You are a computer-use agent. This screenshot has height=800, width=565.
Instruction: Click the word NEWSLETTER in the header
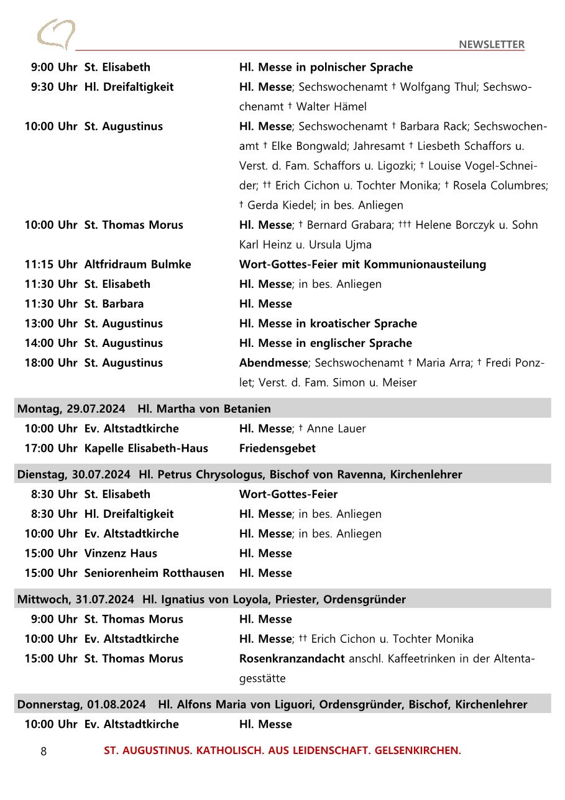[x=492, y=44]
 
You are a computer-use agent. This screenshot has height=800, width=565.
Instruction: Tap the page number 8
[x=44, y=751]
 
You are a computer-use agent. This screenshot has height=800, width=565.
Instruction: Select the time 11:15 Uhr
[x=50, y=264]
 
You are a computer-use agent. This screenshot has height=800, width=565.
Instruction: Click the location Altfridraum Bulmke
[x=137, y=264]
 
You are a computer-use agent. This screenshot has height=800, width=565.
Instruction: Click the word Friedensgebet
[x=277, y=448]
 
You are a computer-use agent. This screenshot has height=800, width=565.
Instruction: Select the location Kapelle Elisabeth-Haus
[x=146, y=448]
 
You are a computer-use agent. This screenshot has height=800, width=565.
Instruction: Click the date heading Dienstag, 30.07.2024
[x=73, y=474]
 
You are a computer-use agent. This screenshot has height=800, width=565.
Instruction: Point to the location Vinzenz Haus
[x=121, y=553]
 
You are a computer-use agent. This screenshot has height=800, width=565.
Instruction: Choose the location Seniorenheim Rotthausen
[x=154, y=573]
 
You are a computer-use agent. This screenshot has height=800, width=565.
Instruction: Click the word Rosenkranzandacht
[x=292, y=658]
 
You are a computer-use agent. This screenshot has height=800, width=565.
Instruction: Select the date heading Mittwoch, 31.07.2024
[x=75, y=599]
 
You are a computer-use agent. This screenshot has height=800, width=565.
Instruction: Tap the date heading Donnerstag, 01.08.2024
[x=81, y=704]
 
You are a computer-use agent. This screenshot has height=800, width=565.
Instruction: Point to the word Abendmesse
[x=273, y=362]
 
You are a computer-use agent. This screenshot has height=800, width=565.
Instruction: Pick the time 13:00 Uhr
[x=50, y=323]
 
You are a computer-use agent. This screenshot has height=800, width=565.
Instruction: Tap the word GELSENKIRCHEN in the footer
[x=418, y=750]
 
